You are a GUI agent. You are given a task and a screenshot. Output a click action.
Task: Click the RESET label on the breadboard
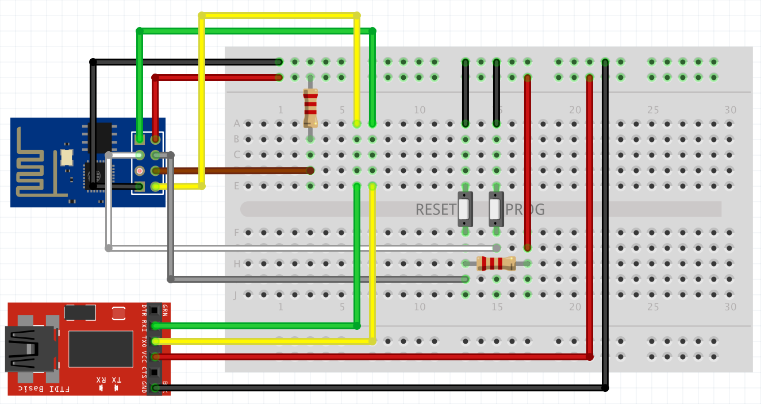[435, 210]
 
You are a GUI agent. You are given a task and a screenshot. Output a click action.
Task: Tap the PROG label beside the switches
[525, 210]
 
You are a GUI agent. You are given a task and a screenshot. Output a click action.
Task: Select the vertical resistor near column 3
[310, 108]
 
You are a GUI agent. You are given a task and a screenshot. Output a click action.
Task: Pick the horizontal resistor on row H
[496, 263]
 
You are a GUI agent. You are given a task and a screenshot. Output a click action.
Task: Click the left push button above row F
[464, 209]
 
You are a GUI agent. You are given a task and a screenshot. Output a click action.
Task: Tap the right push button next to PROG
[495, 209]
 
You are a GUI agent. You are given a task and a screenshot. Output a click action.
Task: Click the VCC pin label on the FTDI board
[144, 357]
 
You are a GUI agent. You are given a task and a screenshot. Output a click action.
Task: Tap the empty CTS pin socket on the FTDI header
[154, 372]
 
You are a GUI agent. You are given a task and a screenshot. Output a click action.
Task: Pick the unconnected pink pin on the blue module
[139, 171]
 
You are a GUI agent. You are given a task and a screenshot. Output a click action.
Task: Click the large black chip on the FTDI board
[101, 349]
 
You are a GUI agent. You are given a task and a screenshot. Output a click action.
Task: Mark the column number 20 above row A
[575, 110]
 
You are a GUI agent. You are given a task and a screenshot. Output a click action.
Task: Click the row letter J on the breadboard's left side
[235, 295]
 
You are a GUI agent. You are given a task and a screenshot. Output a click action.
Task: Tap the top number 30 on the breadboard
[730, 110]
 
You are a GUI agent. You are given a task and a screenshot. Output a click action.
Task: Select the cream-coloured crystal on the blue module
[66, 156]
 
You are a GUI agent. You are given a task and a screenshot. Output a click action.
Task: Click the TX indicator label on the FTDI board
[116, 380]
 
